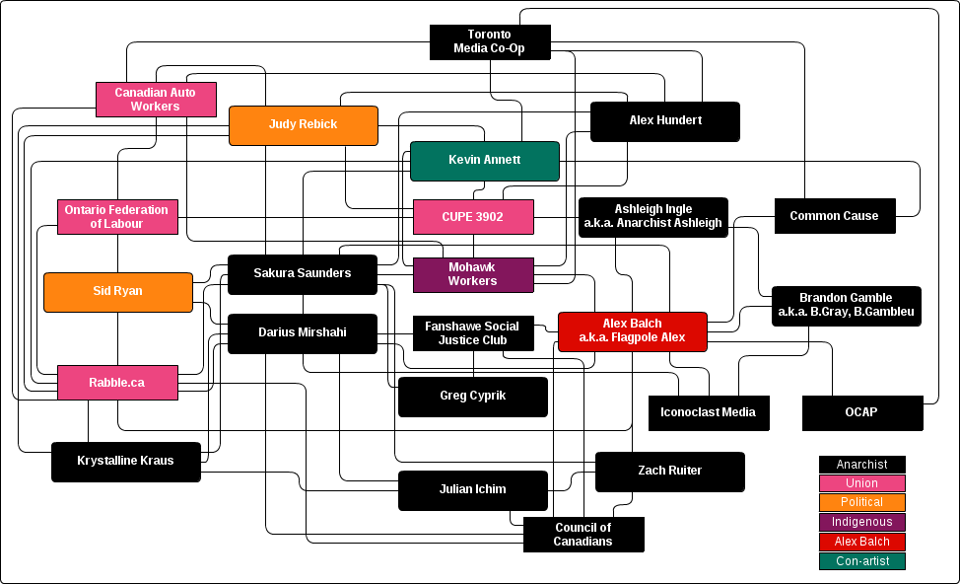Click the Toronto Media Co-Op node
[x=490, y=41]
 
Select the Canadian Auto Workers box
[x=156, y=100]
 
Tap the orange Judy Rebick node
[x=304, y=125]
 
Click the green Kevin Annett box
[x=484, y=161]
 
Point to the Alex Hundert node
[x=665, y=121]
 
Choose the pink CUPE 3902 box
[x=473, y=217]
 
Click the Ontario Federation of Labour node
[x=117, y=217]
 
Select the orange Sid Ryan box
[x=118, y=292]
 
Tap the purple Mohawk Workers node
[x=473, y=274]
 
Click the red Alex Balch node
[x=633, y=331]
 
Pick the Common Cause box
[x=835, y=217]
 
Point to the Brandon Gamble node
[x=846, y=306]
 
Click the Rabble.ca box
[x=117, y=383]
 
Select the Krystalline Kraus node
[x=125, y=461]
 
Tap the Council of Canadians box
[x=583, y=535]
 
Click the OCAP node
[x=862, y=412]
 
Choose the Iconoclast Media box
[x=709, y=412]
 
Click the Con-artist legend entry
[x=861, y=561]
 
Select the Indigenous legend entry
[x=861, y=522]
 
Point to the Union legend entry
[x=861, y=483]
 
